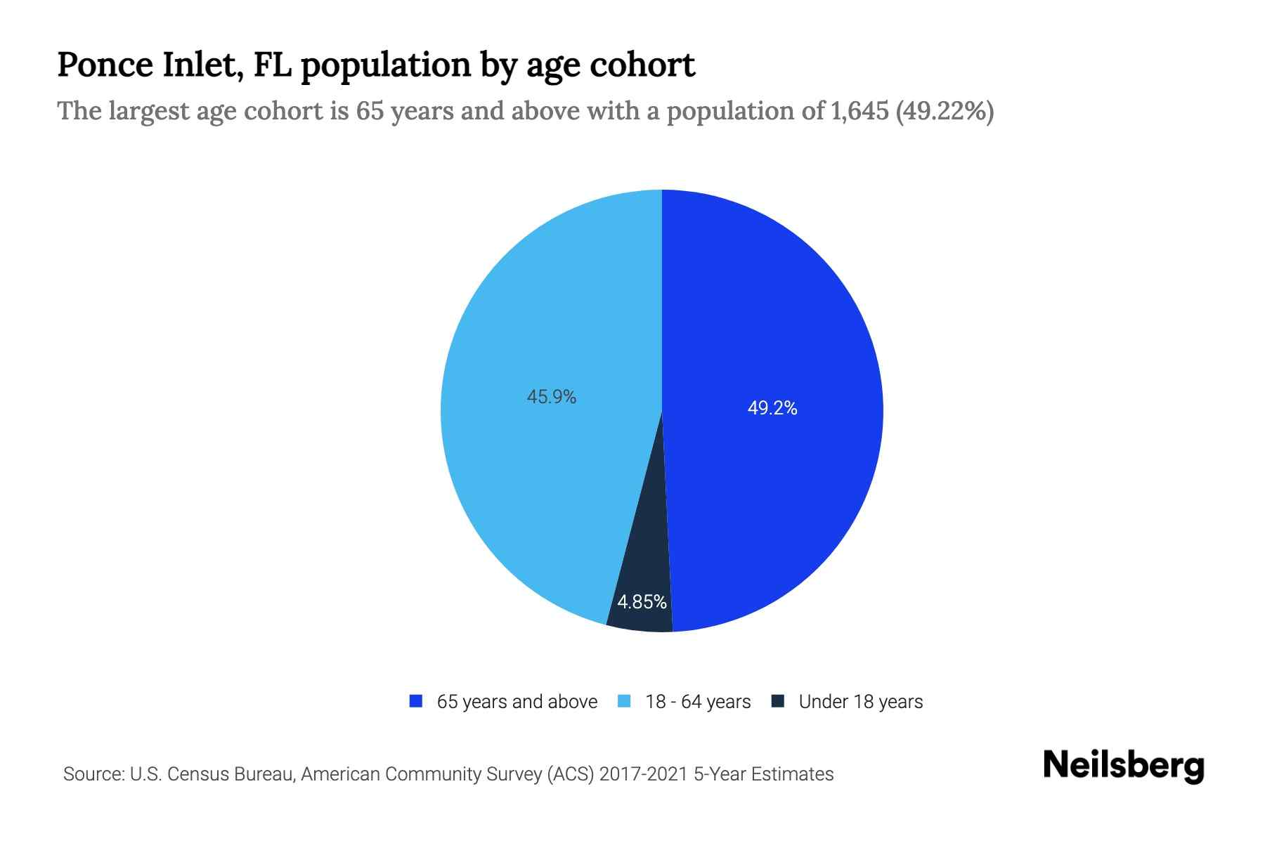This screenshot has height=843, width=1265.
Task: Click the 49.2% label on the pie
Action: coord(772,408)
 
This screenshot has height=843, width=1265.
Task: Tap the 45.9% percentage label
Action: coord(552,397)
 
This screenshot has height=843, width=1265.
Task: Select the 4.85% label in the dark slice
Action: coord(642,602)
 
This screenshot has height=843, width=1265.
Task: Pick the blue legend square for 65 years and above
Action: coord(416,701)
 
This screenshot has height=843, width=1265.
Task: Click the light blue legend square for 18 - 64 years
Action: coord(624,701)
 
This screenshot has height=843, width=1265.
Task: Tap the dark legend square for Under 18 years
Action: coord(777,701)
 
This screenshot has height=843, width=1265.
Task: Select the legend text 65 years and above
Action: coord(517,702)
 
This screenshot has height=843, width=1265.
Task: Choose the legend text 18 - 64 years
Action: coord(698,702)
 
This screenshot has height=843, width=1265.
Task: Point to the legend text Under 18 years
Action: coord(861,702)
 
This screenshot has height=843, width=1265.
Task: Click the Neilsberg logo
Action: coord(1123,766)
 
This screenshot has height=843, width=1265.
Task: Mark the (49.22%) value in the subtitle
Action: coord(945,111)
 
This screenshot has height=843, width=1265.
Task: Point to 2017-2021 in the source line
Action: coord(643,774)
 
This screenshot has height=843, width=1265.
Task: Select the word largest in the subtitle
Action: coord(149,111)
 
